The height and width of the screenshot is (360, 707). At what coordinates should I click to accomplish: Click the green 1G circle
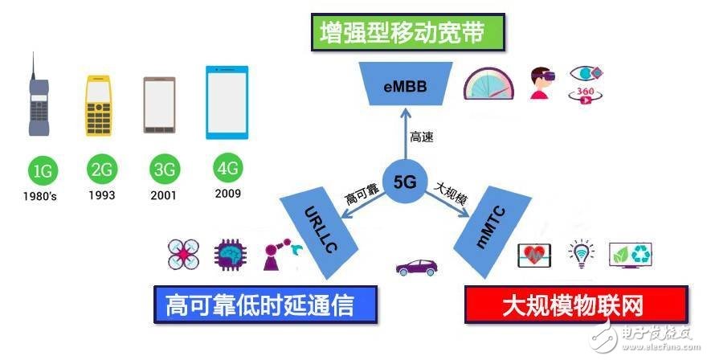43,171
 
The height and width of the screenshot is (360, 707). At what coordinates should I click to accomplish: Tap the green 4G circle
227,168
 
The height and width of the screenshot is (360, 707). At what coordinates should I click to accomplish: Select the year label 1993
102,195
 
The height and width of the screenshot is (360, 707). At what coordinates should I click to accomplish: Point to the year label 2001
164,195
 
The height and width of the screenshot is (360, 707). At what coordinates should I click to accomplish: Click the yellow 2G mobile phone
98,105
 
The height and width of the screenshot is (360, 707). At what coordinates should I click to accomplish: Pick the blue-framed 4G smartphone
227,102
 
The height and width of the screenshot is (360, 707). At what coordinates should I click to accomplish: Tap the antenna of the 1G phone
33,66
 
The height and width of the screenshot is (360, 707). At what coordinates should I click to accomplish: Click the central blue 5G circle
404,182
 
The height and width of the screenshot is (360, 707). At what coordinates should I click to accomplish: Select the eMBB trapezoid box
406,84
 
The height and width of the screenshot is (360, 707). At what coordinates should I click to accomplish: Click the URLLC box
319,233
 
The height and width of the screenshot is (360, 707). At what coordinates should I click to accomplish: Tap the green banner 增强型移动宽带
407,32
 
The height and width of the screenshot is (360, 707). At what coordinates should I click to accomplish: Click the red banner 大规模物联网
576,305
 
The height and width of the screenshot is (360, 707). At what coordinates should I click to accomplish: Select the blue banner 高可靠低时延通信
265,305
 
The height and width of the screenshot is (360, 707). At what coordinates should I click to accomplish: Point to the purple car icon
417,267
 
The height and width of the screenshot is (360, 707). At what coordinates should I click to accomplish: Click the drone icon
183,255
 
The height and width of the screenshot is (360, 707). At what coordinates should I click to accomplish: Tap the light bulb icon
581,254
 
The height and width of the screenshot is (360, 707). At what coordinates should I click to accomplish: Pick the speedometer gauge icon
488,84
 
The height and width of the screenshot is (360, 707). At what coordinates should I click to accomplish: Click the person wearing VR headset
542,83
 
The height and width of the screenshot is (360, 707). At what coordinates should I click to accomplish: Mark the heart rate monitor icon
533,255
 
